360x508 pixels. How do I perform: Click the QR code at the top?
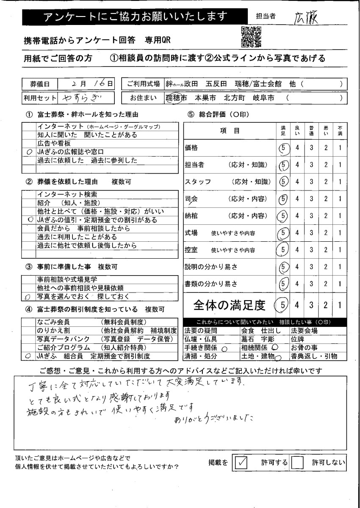[x=251, y=36]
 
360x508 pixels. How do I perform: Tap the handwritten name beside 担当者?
[x=306, y=17]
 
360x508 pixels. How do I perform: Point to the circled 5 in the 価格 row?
[x=283, y=148]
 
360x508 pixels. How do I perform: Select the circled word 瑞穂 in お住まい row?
[x=173, y=98]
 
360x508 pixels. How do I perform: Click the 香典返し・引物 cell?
[x=313, y=356]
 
